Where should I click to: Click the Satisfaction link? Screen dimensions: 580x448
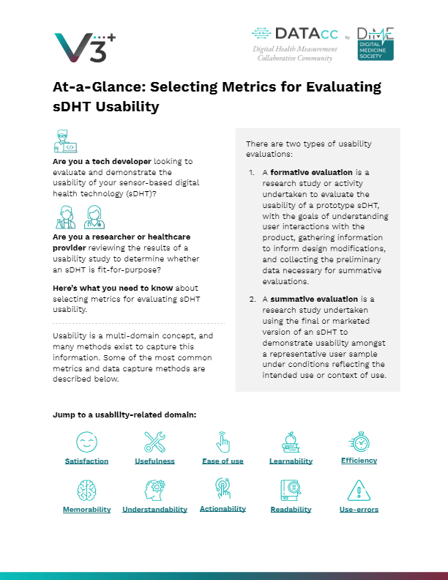[x=86, y=461]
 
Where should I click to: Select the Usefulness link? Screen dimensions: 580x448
[x=154, y=461]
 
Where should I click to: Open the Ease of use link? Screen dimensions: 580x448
[x=223, y=461]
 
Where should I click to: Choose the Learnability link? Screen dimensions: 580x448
[x=291, y=461]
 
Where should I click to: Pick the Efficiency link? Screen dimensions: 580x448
[x=359, y=461]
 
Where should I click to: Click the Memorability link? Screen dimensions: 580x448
[x=86, y=509]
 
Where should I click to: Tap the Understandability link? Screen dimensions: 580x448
[x=154, y=509]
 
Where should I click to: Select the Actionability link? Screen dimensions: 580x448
[x=223, y=508]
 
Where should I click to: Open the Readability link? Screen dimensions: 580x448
[x=291, y=509]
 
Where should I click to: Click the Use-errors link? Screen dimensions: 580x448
[x=359, y=509]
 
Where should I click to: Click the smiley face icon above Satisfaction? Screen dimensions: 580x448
[x=86, y=441]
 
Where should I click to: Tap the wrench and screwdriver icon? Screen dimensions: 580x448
[x=154, y=441]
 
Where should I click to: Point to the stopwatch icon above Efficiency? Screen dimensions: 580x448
[x=359, y=441]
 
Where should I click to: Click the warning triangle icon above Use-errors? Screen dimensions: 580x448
[x=359, y=489]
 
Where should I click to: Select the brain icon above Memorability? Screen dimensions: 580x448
[x=86, y=489]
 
